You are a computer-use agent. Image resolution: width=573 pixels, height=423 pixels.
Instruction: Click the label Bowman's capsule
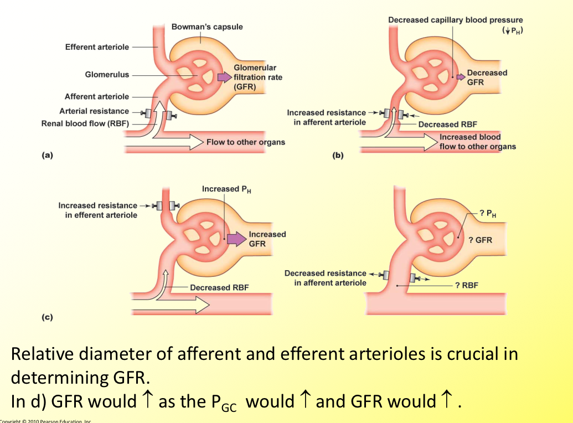pyautogui.click(x=207, y=27)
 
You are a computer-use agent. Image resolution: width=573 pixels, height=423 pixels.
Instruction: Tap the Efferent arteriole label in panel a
pyautogui.click(x=97, y=47)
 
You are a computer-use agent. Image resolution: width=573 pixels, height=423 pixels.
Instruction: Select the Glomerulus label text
pyautogui.click(x=107, y=74)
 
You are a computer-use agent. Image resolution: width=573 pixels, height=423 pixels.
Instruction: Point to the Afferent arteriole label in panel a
pyautogui.click(x=97, y=96)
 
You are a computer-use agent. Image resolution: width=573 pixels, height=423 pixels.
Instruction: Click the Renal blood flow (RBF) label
pyautogui.click(x=85, y=123)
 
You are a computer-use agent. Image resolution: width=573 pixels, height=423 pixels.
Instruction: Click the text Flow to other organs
pyautogui.click(x=246, y=142)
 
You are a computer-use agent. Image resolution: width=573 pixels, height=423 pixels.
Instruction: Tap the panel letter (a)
pyautogui.click(x=47, y=156)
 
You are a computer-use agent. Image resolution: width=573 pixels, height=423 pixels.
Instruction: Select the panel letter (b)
pyautogui.click(x=338, y=156)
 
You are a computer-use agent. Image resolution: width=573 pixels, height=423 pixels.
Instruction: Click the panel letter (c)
pyautogui.click(x=47, y=317)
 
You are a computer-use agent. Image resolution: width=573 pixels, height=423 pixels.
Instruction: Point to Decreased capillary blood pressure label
pyautogui.click(x=455, y=20)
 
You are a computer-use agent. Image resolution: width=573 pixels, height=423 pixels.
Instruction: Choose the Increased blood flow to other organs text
pyautogui.click(x=477, y=142)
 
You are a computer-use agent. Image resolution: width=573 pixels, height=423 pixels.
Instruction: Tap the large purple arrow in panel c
pyautogui.click(x=236, y=239)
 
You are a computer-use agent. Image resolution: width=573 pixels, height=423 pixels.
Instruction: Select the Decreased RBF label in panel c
pyautogui.click(x=219, y=287)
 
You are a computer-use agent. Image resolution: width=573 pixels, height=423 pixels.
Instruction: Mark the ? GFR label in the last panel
pyautogui.click(x=479, y=240)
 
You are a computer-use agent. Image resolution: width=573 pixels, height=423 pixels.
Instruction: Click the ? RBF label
pyautogui.click(x=466, y=285)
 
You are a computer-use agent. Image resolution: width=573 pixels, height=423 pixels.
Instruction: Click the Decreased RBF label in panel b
pyautogui.click(x=447, y=125)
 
